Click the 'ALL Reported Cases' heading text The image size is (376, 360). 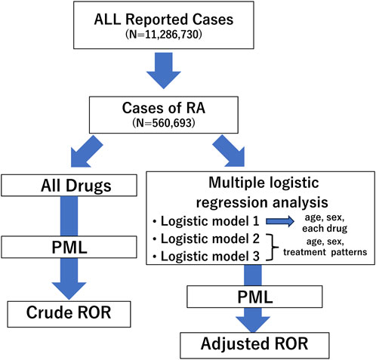click(164, 20)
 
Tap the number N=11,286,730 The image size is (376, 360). click(164, 35)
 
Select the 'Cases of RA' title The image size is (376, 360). click(164, 108)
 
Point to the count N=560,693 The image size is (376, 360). click(164, 123)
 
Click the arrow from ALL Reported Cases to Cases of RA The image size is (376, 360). click(164, 70)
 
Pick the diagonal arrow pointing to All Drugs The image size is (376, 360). click(86, 152)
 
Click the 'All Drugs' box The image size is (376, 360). click(69, 186)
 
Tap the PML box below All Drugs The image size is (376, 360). click(69, 247)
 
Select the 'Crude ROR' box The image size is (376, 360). click(69, 314)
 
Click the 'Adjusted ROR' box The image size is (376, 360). click(254, 346)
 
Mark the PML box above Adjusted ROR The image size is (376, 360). click(254, 297)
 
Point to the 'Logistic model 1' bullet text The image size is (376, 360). click(210, 221)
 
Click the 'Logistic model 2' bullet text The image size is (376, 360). click(210, 238)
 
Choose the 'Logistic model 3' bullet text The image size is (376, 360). click(210, 257)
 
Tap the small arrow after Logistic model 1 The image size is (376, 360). click(280, 221)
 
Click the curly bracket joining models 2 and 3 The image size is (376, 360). click(273, 247)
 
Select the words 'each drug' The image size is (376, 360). click(325, 229)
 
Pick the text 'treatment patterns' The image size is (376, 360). click(325, 252)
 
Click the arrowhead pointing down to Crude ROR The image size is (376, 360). click(69, 291)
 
